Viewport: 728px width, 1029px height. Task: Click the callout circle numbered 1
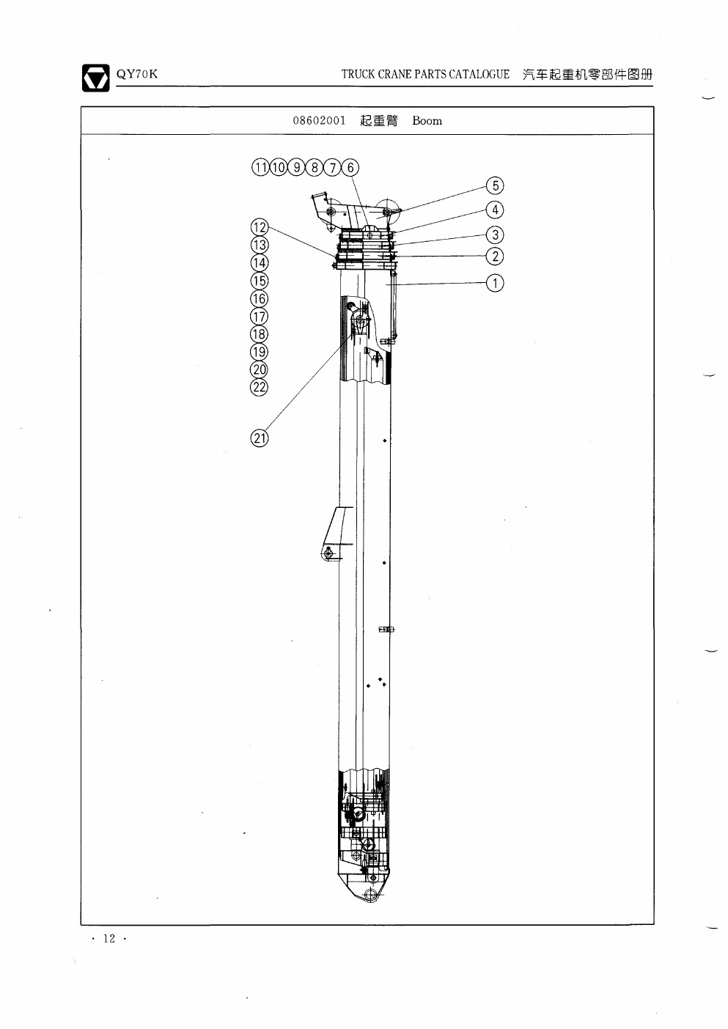495,283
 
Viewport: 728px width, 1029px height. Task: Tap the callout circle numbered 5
495,185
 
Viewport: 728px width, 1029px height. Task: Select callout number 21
260,438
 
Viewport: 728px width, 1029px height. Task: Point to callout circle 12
260,227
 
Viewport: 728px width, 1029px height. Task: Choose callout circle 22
260,387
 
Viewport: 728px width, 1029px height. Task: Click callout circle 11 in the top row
260,167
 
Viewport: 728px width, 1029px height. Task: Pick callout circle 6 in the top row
350,167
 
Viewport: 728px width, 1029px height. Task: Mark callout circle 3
495,235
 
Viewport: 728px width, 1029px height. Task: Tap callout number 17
260,317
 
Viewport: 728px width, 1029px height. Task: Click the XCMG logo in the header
95,78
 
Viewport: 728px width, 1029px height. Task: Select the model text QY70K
136,74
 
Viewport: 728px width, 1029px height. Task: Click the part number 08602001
319,121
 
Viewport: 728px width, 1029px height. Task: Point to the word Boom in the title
427,121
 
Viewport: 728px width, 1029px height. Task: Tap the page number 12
109,938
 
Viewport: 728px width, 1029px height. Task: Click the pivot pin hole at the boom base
369,894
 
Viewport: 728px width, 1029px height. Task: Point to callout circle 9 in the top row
296,167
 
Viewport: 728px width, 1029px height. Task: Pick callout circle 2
495,257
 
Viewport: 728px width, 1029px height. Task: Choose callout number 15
260,281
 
